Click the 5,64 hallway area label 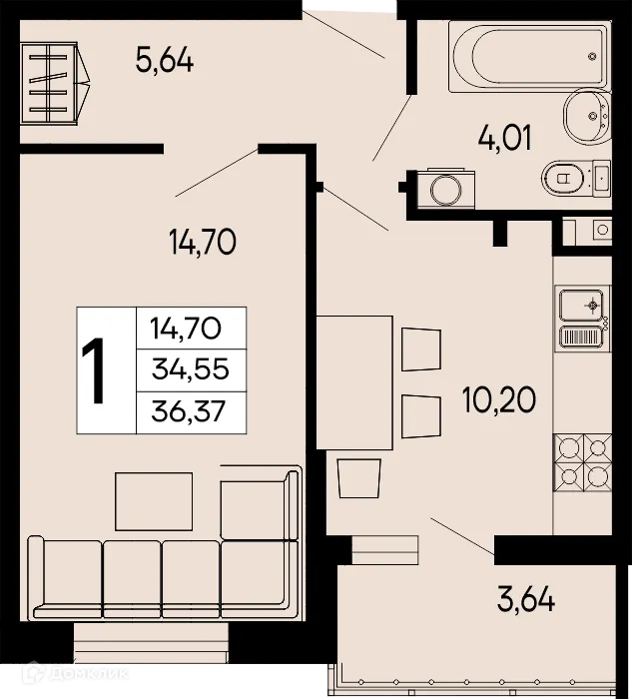point(164,61)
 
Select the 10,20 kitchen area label point(498,400)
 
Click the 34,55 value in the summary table point(190,369)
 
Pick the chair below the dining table point(357,477)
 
